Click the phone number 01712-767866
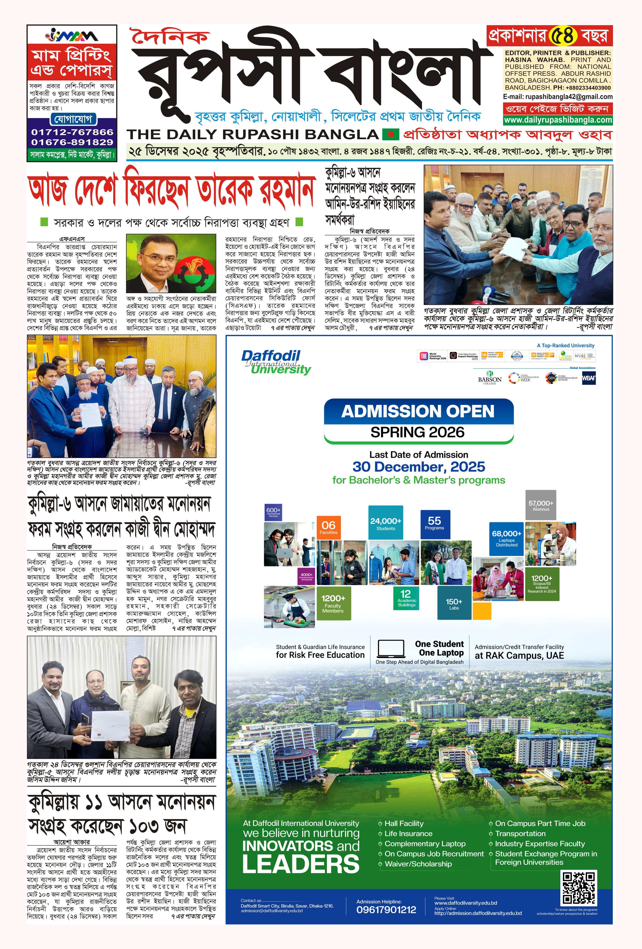pyautogui.click(x=72, y=132)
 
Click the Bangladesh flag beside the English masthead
pyautogui.click(x=390, y=134)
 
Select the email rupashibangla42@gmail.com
pyautogui.click(x=558, y=97)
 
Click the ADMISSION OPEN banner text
pyautogui.click(x=418, y=411)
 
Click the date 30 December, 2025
pyautogui.click(x=419, y=467)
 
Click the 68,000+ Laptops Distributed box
pyautogui.click(x=506, y=538)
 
